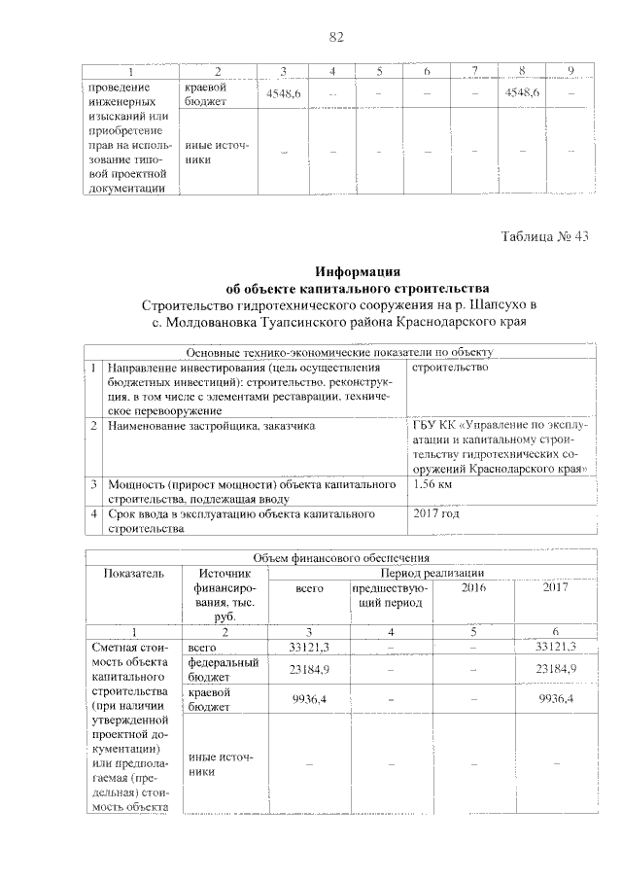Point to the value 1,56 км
point(433,484)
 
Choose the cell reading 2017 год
point(436,512)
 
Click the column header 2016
point(473,588)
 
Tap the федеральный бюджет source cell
point(221,669)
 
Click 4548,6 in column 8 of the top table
point(523,91)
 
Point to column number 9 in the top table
point(570,70)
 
